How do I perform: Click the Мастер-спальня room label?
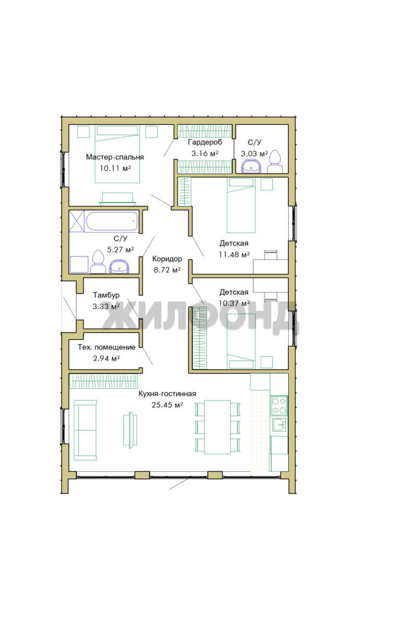(x=115, y=157)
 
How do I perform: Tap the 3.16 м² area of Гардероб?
(x=205, y=154)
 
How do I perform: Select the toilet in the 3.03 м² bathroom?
(x=275, y=162)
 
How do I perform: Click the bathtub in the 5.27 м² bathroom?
(x=112, y=222)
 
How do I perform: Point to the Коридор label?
(x=167, y=259)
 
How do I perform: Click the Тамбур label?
(x=106, y=295)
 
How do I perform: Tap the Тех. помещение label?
(x=106, y=347)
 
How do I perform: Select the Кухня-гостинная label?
(x=167, y=393)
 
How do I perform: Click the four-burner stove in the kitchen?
(x=279, y=405)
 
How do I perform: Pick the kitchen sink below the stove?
(x=279, y=424)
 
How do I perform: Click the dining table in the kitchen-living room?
(x=217, y=427)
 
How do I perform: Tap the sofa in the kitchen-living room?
(x=86, y=430)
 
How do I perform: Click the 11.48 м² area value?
(x=234, y=255)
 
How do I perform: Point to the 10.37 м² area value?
(x=234, y=303)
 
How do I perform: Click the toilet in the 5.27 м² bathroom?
(x=98, y=262)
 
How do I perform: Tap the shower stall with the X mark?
(x=76, y=221)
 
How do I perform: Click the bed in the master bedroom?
(x=118, y=154)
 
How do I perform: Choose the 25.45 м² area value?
(x=167, y=405)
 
